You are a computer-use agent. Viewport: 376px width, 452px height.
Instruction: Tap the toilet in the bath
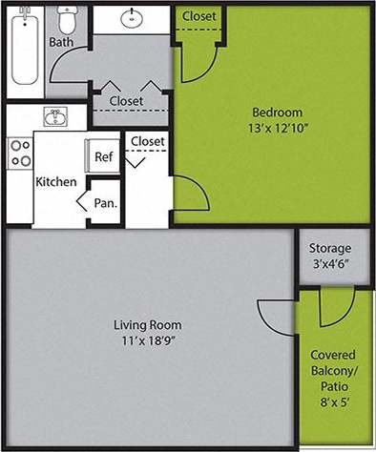click(x=66, y=18)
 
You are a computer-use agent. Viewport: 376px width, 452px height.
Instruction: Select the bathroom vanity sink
click(x=130, y=18)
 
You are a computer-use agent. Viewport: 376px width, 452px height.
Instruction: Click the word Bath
click(x=61, y=43)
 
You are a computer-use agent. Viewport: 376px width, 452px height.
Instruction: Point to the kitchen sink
click(x=55, y=116)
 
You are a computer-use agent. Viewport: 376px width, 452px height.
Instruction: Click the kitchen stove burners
click(x=19, y=154)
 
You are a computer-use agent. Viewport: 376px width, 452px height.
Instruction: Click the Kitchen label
click(x=56, y=181)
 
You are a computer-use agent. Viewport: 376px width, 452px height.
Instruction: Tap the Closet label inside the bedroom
click(x=198, y=16)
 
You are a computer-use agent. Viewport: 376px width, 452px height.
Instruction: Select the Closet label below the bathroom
click(x=126, y=101)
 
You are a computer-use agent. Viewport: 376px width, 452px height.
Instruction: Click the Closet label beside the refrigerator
click(x=148, y=141)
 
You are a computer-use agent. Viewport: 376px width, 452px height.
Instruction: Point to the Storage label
click(x=330, y=249)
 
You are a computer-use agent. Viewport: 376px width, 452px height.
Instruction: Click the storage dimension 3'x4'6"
click(x=330, y=266)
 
